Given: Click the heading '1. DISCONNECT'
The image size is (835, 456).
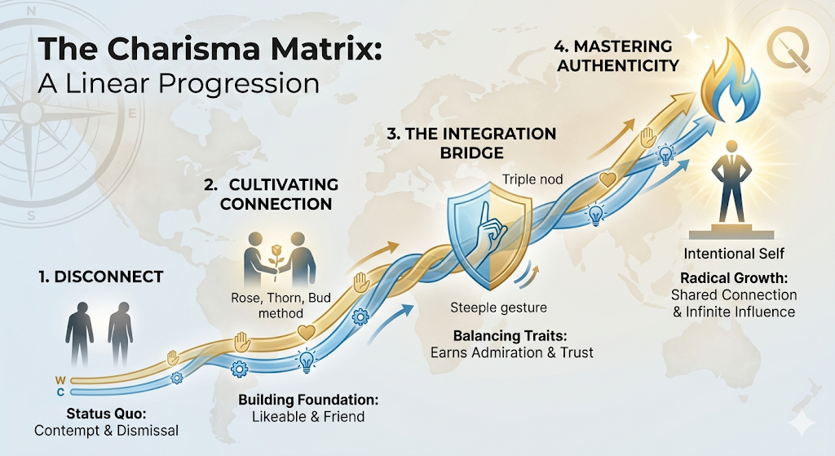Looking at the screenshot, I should point(100,277).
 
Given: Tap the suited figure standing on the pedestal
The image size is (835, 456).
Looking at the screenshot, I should point(731,184).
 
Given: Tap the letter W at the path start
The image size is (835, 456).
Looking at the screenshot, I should point(60,380).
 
